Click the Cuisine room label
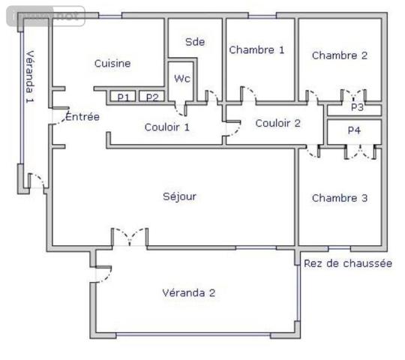coord(112,64)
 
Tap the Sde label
coord(195,43)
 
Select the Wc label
coord(182,78)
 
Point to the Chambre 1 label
coord(256,50)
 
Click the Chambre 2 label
coord(340,55)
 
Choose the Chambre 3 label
coord(340,198)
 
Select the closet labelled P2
coord(152,97)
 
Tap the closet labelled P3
coord(357,108)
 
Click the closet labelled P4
coord(354,130)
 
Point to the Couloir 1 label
coord(166,127)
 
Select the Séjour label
coord(179,196)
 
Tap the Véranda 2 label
coord(188,293)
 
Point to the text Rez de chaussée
coord(347,263)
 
